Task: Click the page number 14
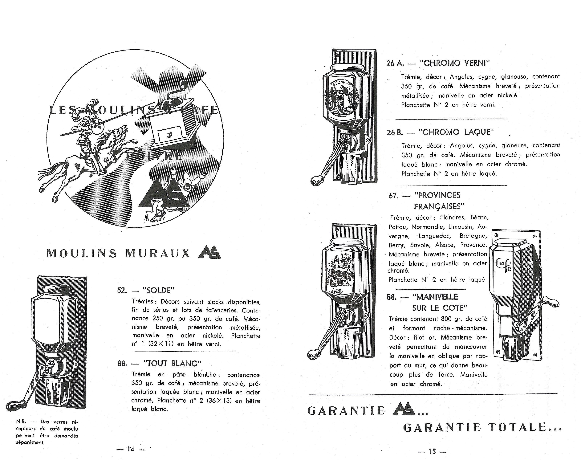(x=131, y=449)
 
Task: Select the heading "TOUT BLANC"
(x=173, y=364)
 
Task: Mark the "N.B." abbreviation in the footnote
(x=20, y=422)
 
